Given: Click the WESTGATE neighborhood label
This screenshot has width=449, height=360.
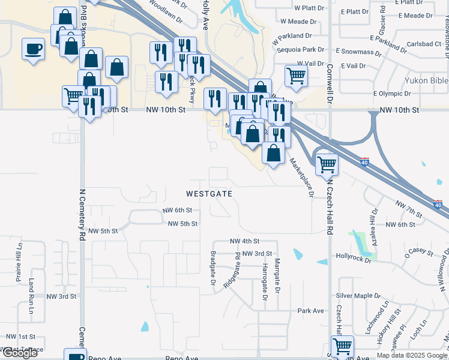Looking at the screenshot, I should point(209,194).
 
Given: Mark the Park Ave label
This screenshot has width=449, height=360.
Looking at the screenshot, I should point(310,311).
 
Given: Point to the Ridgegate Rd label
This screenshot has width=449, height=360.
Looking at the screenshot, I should point(232,271).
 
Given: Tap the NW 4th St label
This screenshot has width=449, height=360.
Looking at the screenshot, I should point(244,241).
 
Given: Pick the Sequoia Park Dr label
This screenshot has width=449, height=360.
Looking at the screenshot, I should point(298,50).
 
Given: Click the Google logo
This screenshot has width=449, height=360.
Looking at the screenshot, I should point(20,353).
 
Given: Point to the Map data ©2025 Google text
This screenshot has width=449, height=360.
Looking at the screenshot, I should point(412,355).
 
